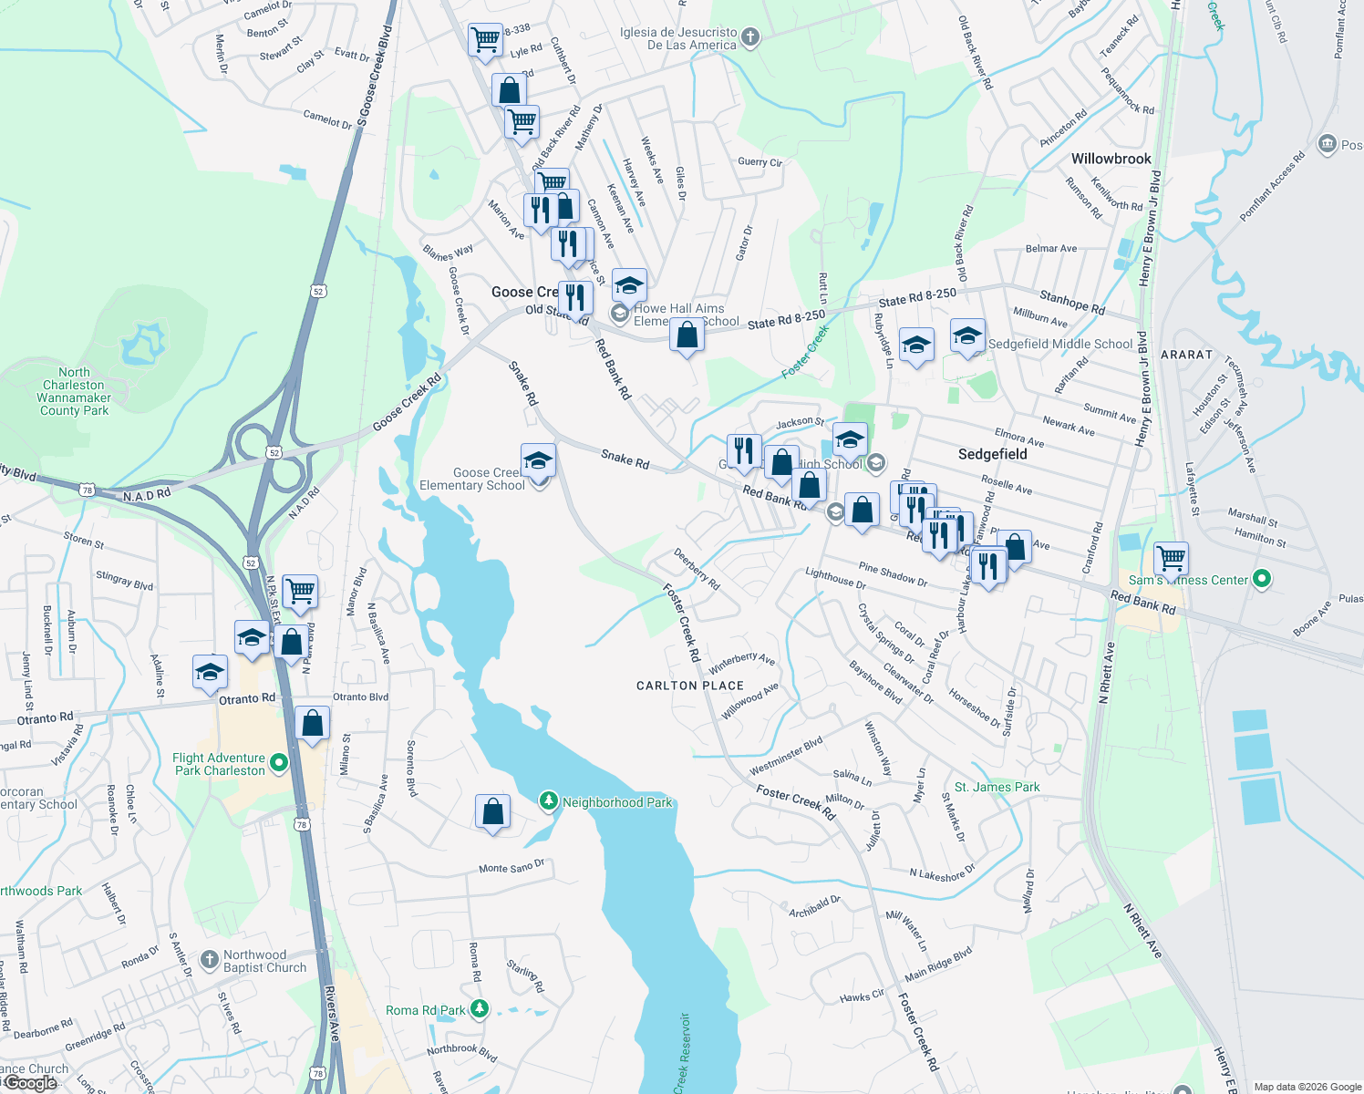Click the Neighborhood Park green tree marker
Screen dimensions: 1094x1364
548,801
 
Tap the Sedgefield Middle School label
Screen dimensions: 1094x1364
1060,344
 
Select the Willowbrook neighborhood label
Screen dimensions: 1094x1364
1111,159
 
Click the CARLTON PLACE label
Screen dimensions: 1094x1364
690,686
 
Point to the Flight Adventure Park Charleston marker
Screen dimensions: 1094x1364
279,762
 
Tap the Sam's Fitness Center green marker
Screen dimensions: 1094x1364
1262,579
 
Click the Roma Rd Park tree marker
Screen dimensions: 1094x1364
479,1009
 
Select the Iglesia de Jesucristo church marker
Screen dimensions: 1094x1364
749,37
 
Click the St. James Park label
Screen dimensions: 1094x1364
997,787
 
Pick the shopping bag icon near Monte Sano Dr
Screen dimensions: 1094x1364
492,810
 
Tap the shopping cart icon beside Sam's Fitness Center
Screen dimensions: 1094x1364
1171,557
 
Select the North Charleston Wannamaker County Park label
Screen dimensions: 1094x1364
74,391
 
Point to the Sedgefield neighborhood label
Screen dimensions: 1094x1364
992,454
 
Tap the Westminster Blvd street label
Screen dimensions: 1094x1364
786,757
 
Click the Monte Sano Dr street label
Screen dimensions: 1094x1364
511,866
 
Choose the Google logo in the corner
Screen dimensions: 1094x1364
30,1083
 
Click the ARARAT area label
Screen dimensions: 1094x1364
1186,355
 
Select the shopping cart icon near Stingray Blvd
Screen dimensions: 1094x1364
300,591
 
